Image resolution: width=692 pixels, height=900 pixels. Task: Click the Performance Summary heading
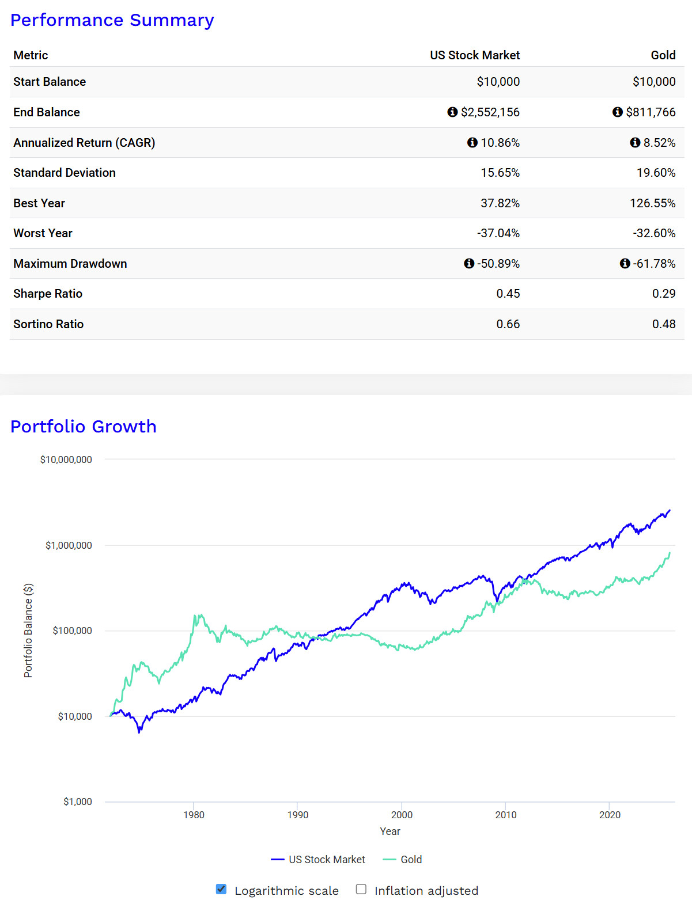(x=112, y=20)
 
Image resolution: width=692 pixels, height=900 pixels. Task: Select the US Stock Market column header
(x=474, y=55)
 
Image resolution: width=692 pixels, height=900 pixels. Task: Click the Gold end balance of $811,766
(x=651, y=112)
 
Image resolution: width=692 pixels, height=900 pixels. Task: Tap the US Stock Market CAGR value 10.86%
(x=500, y=143)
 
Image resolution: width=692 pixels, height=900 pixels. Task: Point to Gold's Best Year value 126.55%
(x=652, y=203)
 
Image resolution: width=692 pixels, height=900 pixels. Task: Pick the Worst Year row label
(x=43, y=233)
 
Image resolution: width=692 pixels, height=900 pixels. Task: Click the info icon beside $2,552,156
(x=452, y=112)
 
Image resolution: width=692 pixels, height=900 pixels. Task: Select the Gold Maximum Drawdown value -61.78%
(x=654, y=264)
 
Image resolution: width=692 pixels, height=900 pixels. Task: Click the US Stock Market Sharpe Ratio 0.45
(x=508, y=294)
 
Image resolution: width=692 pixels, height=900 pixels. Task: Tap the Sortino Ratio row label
(x=48, y=324)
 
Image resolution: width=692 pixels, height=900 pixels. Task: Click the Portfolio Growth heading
(x=84, y=426)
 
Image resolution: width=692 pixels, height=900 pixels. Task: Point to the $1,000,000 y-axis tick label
(x=69, y=545)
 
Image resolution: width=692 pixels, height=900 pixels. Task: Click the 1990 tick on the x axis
(x=297, y=815)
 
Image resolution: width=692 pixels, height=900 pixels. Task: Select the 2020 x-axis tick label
(x=609, y=815)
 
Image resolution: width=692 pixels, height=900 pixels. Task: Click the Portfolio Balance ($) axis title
(x=28, y=631)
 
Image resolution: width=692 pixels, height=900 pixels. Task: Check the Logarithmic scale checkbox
(x=221, y=889)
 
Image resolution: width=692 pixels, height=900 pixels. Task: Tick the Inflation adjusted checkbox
(x=361, y=889)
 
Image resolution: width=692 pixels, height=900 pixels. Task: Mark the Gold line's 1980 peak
(x=197, y=616)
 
